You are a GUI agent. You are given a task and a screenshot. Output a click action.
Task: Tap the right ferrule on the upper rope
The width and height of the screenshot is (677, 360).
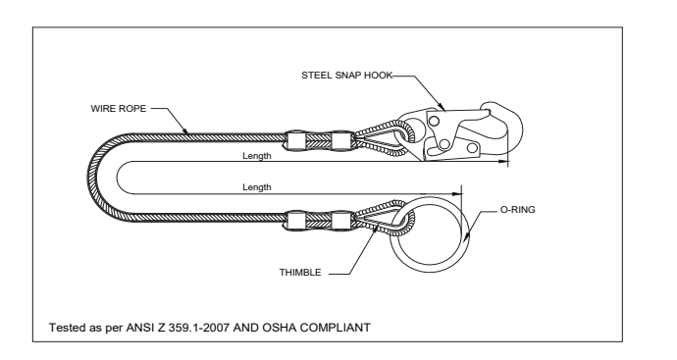[x=341, y=141]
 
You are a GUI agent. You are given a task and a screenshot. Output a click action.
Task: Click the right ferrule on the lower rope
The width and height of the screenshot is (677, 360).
[x=341, y=221]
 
